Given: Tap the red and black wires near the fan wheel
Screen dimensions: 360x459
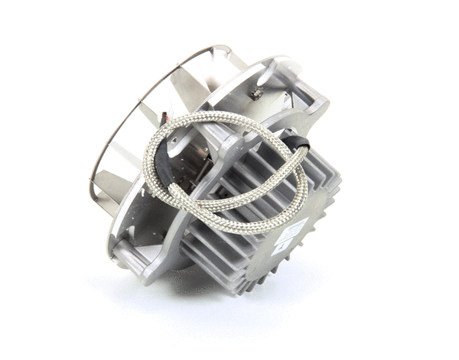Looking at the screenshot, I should [164, 118].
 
